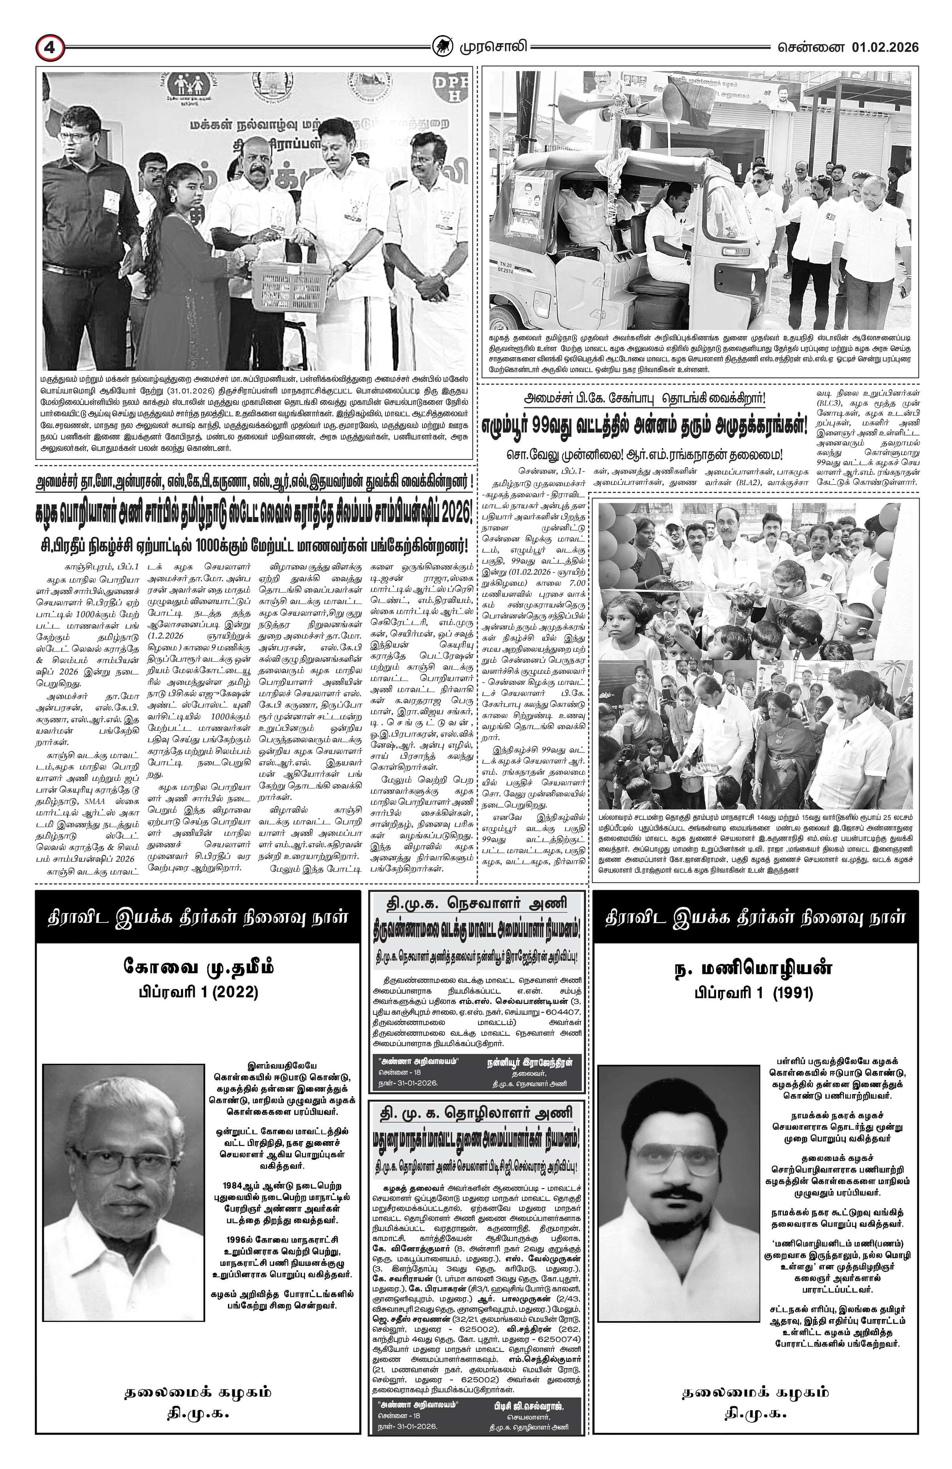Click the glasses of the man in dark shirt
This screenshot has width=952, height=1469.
(x=73, y=137)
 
